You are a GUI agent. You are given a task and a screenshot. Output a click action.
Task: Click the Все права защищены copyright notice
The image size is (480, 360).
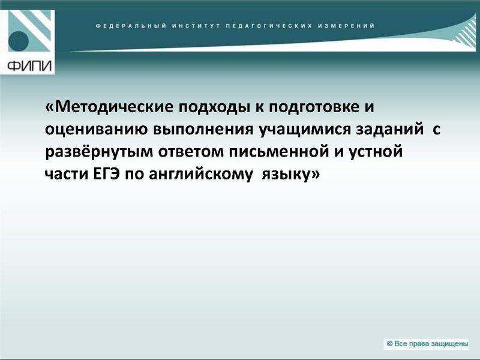tap(427, 344)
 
